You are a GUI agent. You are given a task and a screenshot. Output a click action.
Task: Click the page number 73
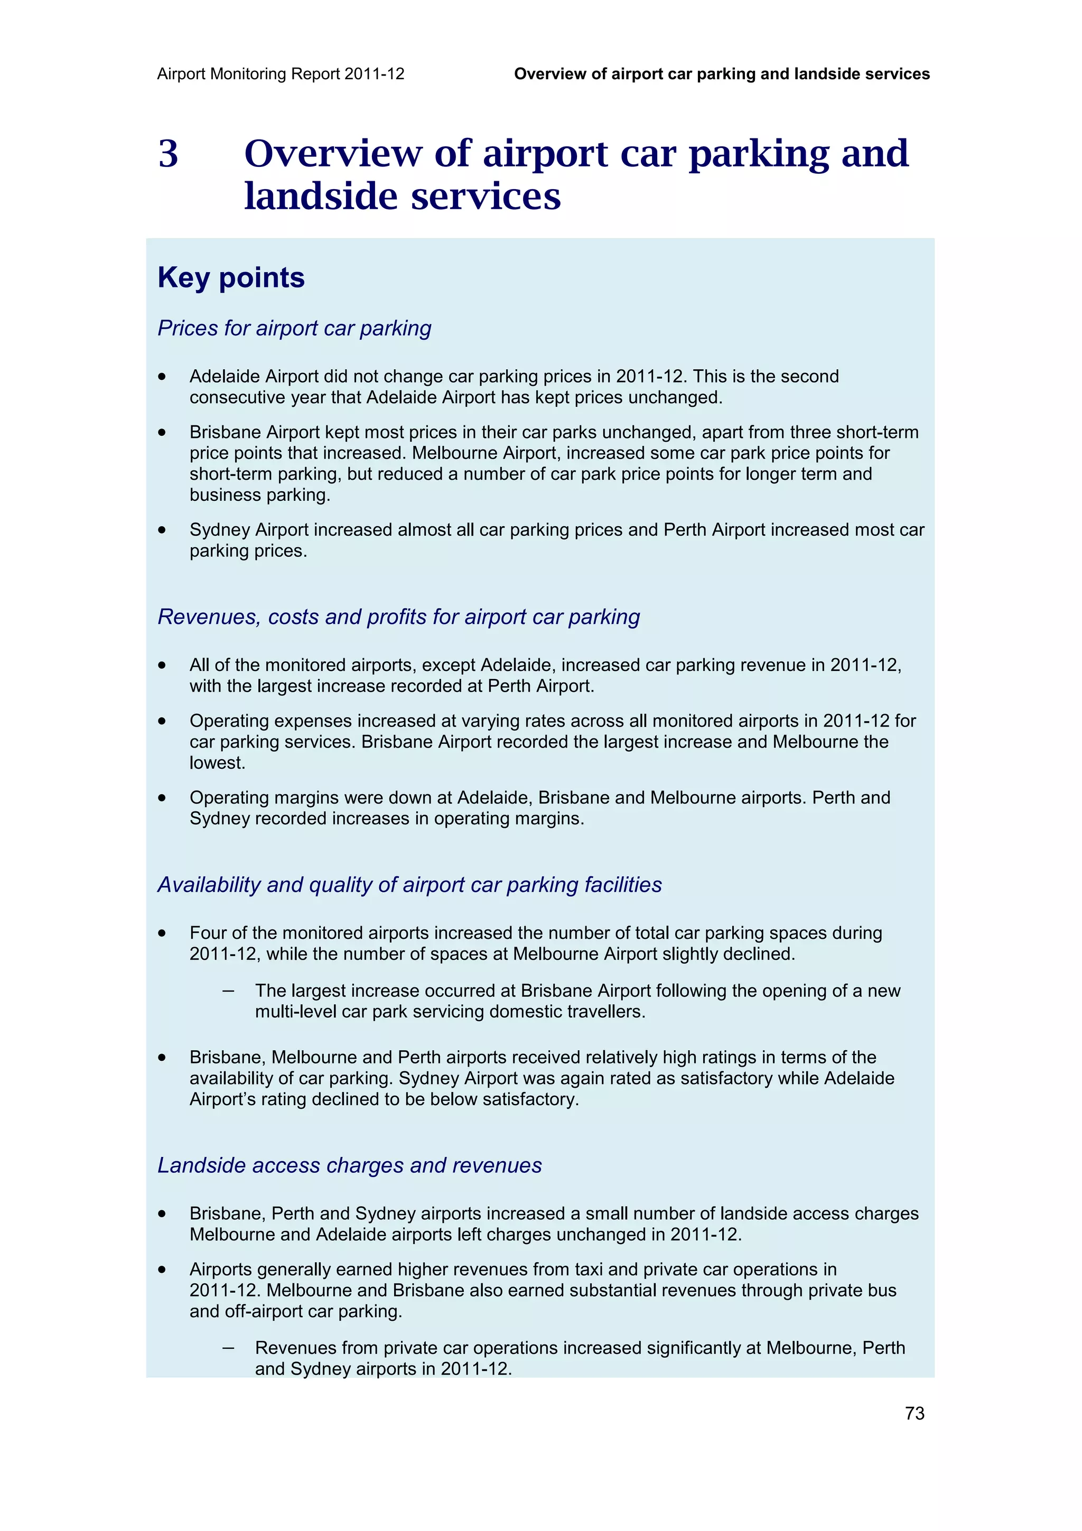click(914, 1413)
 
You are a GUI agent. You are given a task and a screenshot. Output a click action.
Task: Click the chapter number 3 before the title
click(168, 154)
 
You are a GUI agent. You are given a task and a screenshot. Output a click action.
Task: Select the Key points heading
click(231, 277)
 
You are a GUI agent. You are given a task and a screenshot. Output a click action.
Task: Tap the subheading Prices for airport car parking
click(294, 328)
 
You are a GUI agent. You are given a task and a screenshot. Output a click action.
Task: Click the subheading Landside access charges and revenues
click(349, 1165)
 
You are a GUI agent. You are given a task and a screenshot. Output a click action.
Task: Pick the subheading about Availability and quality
click(409, 884)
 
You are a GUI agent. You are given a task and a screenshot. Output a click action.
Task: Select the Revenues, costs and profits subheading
click(398, 617)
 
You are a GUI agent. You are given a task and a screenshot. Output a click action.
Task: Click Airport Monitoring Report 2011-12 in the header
click(281, 74)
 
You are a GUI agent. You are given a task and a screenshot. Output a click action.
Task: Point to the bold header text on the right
click(721, 74)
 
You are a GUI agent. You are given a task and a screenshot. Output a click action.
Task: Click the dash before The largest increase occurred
click(228, 991)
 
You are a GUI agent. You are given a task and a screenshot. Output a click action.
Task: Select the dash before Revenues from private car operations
click(228, 1348)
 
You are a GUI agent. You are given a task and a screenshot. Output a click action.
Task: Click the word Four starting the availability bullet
click(208, 933)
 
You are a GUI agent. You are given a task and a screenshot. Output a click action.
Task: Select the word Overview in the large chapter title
click(333, 154)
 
